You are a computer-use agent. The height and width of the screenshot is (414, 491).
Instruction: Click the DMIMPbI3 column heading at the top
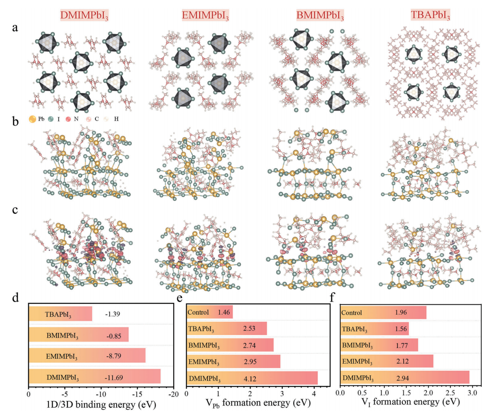[x=84, y=15]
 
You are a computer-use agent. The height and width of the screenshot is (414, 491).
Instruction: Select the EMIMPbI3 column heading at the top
[x=205, y=15]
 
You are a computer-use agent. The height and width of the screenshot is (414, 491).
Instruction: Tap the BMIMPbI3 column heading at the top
[x=320, y=15]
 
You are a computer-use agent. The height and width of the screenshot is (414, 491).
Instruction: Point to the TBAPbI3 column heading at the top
[x=430, y=15]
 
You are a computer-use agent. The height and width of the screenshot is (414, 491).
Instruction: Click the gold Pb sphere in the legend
[x=32, y=119]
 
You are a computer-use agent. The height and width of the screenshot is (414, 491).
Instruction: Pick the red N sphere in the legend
[x=68, y=119]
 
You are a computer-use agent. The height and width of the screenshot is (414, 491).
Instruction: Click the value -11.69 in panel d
[x=114, y=378]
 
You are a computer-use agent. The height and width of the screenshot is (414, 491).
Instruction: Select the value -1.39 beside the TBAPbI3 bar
[x=112, y=314]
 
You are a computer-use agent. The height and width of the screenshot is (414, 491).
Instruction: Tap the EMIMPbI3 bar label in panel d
[x=62, y=356]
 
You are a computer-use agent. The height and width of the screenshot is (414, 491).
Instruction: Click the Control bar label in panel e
[x=198, y=312]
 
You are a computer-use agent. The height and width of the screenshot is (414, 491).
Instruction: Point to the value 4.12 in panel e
[x=250, y=379]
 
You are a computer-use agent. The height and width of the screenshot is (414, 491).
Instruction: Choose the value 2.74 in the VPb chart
[x=249, y=345]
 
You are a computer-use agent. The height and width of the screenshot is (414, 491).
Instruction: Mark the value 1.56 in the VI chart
[x=401, y=329]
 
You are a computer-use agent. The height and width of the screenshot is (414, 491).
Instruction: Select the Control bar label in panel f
[x=352, y=312]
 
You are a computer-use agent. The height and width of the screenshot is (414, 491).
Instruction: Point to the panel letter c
[x=15, y=210]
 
